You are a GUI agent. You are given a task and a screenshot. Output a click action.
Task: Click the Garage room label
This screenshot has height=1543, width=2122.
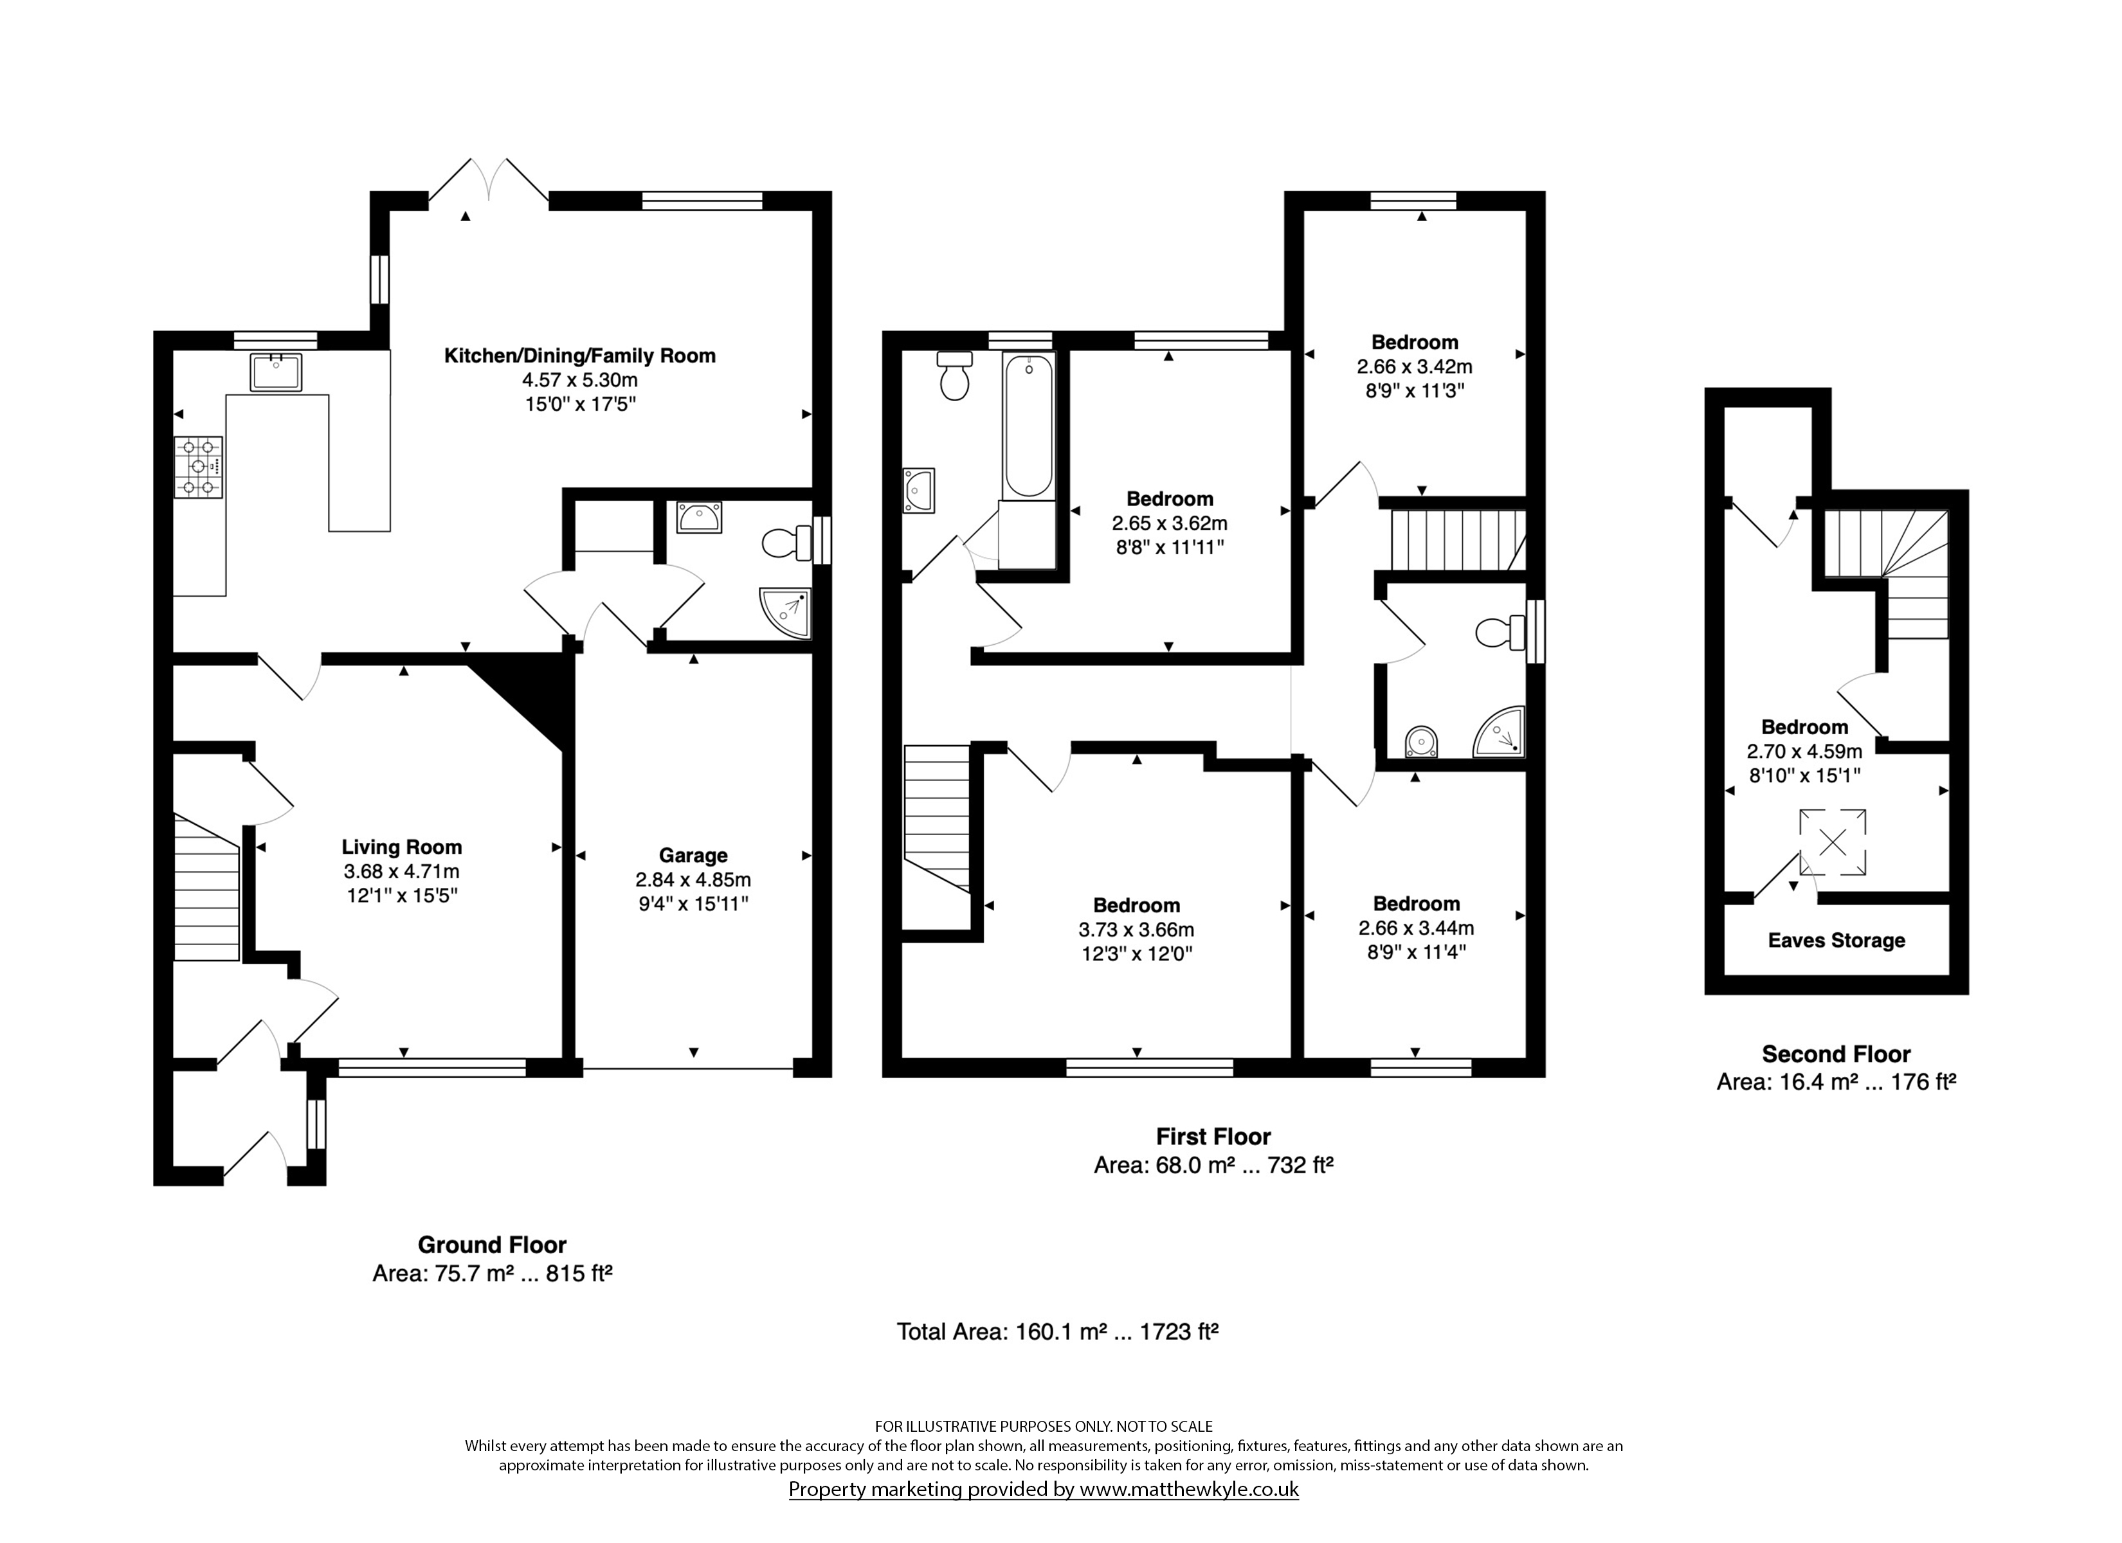[693, 855]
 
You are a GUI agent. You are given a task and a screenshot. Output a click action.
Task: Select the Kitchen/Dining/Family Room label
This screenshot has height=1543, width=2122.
[580, 356]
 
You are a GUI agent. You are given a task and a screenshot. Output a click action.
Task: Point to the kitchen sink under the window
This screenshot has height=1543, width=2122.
[276, 372]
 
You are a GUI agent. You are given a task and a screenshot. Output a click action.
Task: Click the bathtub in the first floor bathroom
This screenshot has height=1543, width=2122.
[1028, 425]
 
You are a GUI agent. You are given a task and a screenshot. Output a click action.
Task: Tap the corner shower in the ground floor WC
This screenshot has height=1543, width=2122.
[785, 613]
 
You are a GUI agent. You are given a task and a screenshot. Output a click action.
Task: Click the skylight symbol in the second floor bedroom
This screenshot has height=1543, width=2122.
[1833, 842]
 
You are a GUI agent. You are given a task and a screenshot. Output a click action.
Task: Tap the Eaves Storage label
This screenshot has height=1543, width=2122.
[1836, 941]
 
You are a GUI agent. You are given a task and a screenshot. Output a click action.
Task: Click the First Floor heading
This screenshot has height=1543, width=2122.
[1213, 1136]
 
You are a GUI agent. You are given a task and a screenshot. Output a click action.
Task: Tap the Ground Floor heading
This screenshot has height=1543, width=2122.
[492, 1245]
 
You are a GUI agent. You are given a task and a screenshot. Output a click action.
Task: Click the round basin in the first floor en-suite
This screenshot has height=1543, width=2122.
[1421, 742]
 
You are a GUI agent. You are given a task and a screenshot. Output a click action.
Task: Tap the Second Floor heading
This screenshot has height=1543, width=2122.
[1836, 1054]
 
